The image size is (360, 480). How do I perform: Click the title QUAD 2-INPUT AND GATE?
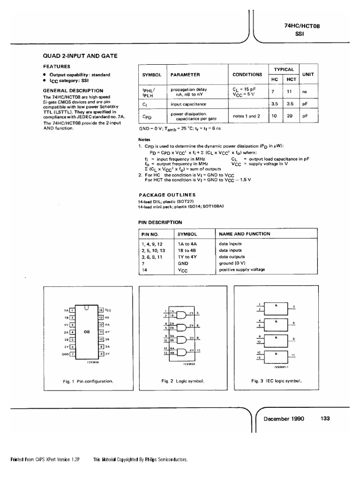pos(80,56)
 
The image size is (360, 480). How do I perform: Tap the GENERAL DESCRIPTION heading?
pos(73,90)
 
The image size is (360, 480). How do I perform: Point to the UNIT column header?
pos(308,74)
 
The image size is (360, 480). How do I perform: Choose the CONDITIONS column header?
pos(247,75)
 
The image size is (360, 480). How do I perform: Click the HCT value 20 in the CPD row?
pos(291,116)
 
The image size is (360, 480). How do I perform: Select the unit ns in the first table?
pos(305,92)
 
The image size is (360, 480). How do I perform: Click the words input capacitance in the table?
pos(188,104)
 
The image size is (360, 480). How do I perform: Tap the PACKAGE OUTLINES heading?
pos(167,195)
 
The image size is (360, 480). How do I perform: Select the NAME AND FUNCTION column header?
pos(244,233)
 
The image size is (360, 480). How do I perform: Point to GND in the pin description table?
pos(183,263)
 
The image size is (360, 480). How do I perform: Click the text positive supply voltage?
pos(242,270)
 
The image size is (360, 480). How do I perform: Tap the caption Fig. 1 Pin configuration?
pos(88,381)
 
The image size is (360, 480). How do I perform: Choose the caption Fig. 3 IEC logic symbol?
pos(277,381)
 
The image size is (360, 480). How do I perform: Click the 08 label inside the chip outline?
pos(86,331)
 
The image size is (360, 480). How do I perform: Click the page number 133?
pos(326,419)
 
